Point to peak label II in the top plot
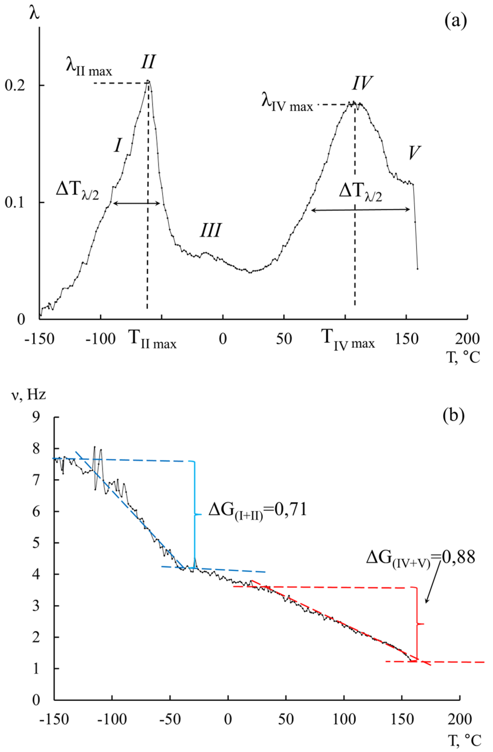coord(148,62)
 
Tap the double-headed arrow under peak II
coord(137,204)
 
